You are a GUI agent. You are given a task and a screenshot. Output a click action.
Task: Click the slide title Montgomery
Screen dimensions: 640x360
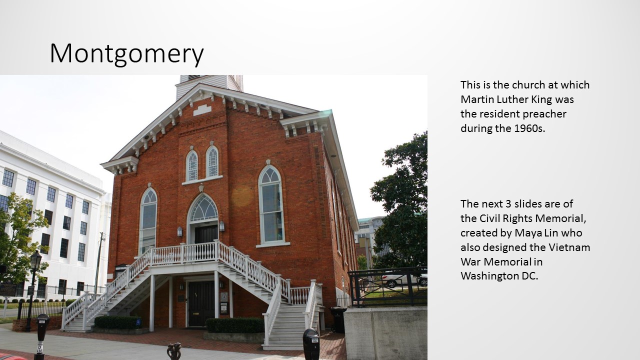coord(126,53)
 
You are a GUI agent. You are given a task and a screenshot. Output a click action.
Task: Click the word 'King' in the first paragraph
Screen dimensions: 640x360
coord(541,99)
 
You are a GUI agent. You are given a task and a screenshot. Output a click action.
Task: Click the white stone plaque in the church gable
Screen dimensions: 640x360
coord(202,110)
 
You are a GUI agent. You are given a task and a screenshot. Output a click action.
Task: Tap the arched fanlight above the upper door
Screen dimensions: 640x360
coord(203,208)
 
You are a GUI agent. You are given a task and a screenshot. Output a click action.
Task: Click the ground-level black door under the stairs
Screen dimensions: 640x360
coord(201,303)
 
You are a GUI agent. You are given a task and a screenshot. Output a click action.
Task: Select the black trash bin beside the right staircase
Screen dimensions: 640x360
coord(338,319)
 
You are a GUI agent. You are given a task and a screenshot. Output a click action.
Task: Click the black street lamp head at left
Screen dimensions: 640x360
coord(36,259)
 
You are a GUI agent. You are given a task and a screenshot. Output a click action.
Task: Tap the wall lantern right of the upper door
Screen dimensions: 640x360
coord(221,225)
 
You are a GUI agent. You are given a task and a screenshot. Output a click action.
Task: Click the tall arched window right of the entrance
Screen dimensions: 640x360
coord(271,204)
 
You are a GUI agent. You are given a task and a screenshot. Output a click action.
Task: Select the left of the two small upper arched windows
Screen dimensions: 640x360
coord(192,165)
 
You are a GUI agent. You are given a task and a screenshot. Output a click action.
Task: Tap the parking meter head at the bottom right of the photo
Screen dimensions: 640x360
coord(311,343)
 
